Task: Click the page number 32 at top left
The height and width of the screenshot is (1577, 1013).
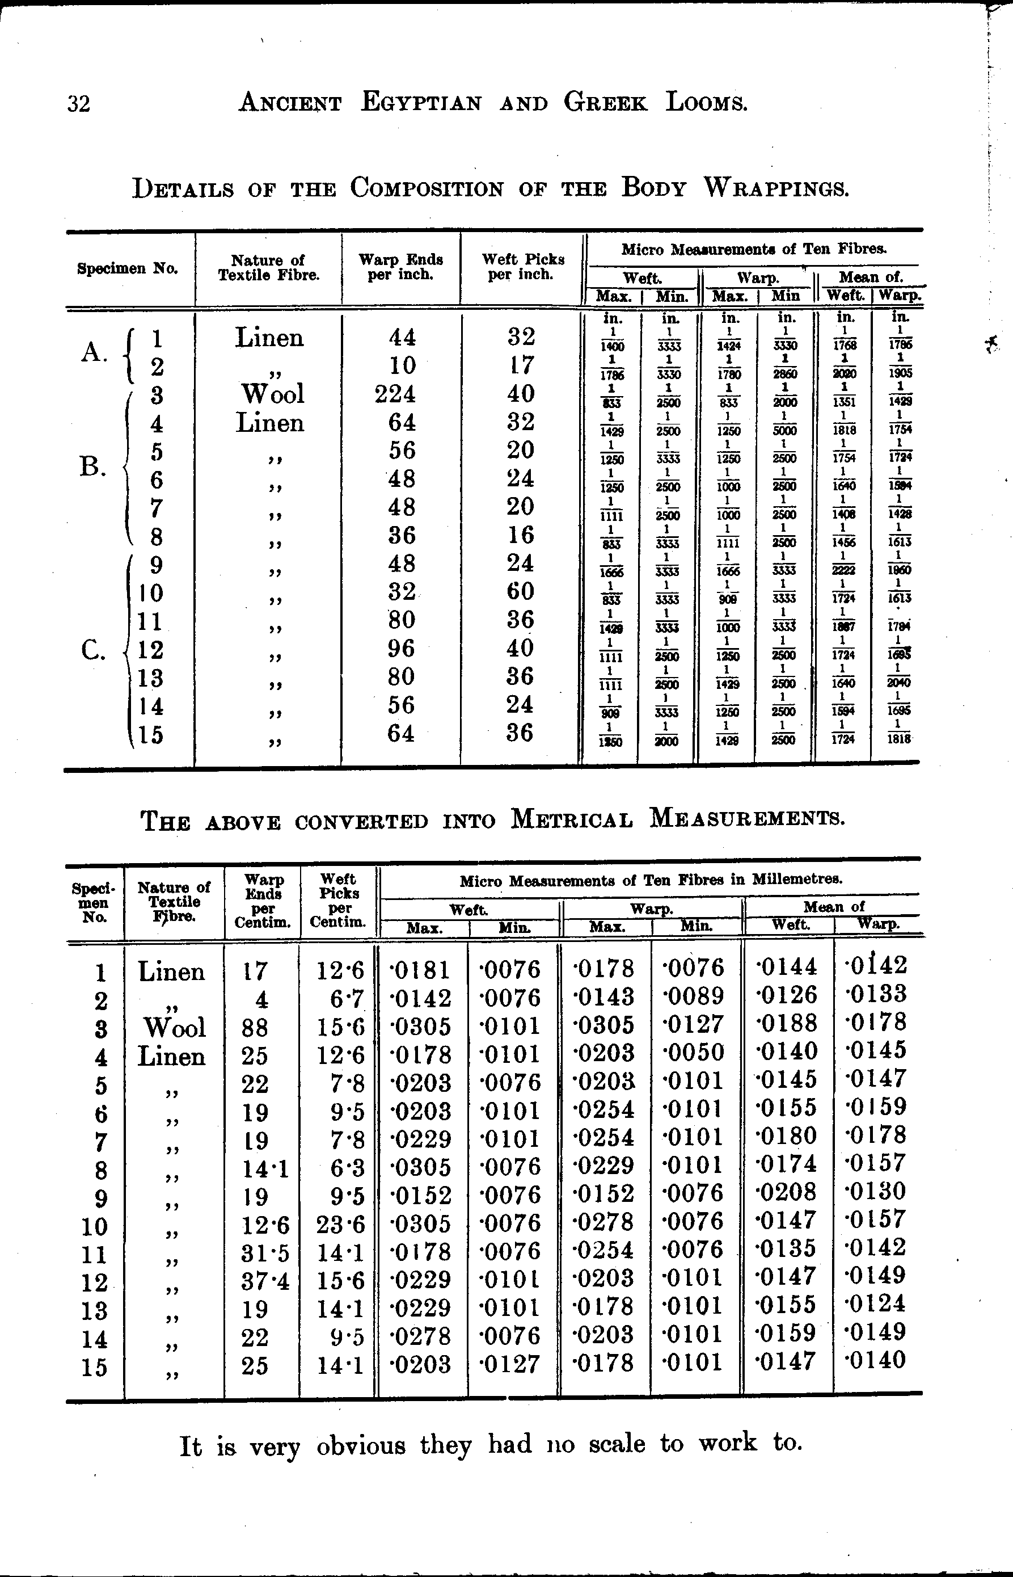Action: (x=78, y=104)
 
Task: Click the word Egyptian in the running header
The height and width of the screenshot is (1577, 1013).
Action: (x=421, y=103)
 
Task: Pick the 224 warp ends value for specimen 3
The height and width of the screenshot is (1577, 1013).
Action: (x=395, y=393)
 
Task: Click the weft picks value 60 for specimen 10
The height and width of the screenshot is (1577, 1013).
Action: (x=520, y=591)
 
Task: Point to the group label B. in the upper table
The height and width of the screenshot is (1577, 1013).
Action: (x=94, y=467)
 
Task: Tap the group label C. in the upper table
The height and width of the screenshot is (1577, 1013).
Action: (x=94, y=650)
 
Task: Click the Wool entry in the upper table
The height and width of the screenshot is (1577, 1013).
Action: (x=273, y=393)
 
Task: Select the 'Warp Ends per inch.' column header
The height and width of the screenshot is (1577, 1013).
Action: (x=400, y=267)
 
